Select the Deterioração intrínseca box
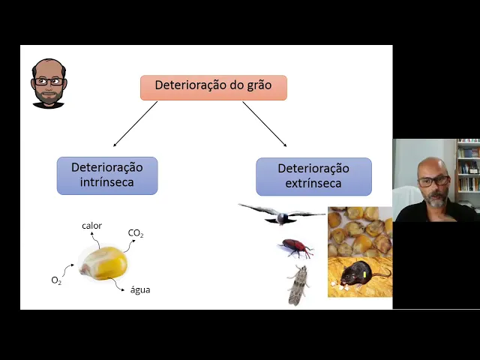(x=107, y=175)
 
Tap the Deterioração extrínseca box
(x=313, y=176)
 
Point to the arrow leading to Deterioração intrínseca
(x=135, y=124)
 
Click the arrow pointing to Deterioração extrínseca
(x=265, y=124)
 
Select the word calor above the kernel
(x=91, y=226)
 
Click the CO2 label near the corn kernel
(x=136, y=233)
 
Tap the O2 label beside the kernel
(x=56, y=280)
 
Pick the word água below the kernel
(x=140, y=289)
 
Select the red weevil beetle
(x=296, y=247)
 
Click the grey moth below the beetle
(x=298, y=285)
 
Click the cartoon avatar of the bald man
(x=49, y=82)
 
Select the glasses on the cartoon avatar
(x=49, y=81)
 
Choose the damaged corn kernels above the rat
(x=360, y=232)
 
